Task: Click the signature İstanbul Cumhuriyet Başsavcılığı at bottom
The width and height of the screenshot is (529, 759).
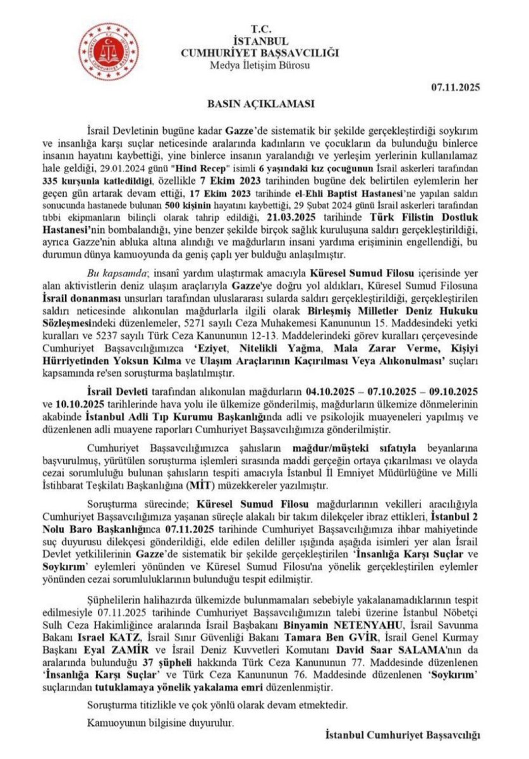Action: pos(402,734)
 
